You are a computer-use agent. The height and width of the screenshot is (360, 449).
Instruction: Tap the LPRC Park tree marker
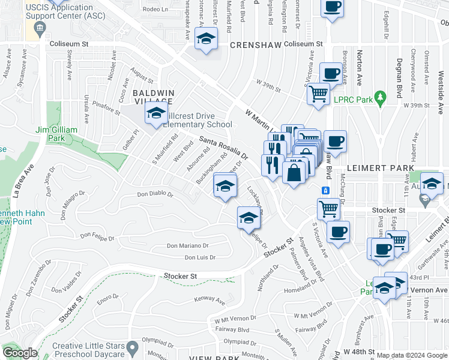pyautogui.click(x=379, y=97)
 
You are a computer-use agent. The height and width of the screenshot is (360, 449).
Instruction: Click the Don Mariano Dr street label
pyautogui.click(x=187, y=245)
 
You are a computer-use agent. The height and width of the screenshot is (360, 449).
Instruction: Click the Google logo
pyautogui.click(x=20, y=353)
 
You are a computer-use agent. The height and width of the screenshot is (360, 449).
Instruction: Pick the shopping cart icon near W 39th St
pyautogui.click(x=318, y=93)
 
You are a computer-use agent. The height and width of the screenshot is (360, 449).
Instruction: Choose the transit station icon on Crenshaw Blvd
pyautogui.click(x=325, y=190)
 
